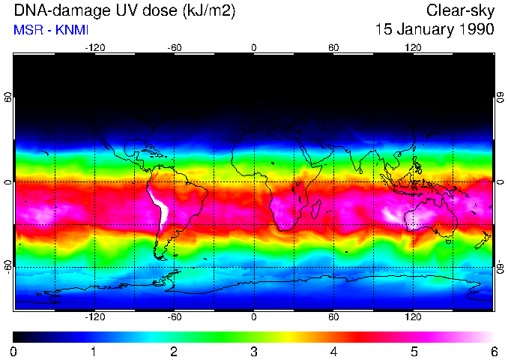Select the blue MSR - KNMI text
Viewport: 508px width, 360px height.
click(51, 30)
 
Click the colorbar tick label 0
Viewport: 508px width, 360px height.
click(13, 351)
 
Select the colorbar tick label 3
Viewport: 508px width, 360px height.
click(254, 351)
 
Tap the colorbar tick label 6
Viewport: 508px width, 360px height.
click(494, 351)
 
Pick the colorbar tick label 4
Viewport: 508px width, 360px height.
click(334, 351)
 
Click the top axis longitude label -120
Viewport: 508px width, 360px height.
click(94, 47)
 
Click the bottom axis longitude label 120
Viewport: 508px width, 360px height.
click(413, 316)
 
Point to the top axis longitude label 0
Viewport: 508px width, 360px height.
click(254, 47)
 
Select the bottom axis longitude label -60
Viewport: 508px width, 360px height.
click(174, 316)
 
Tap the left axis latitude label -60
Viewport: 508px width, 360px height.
click(7, 266)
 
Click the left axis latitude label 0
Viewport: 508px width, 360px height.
click(7, 182)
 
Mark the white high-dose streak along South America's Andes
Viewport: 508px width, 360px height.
click(160, 206)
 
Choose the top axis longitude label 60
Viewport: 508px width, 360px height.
click(333, 47)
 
